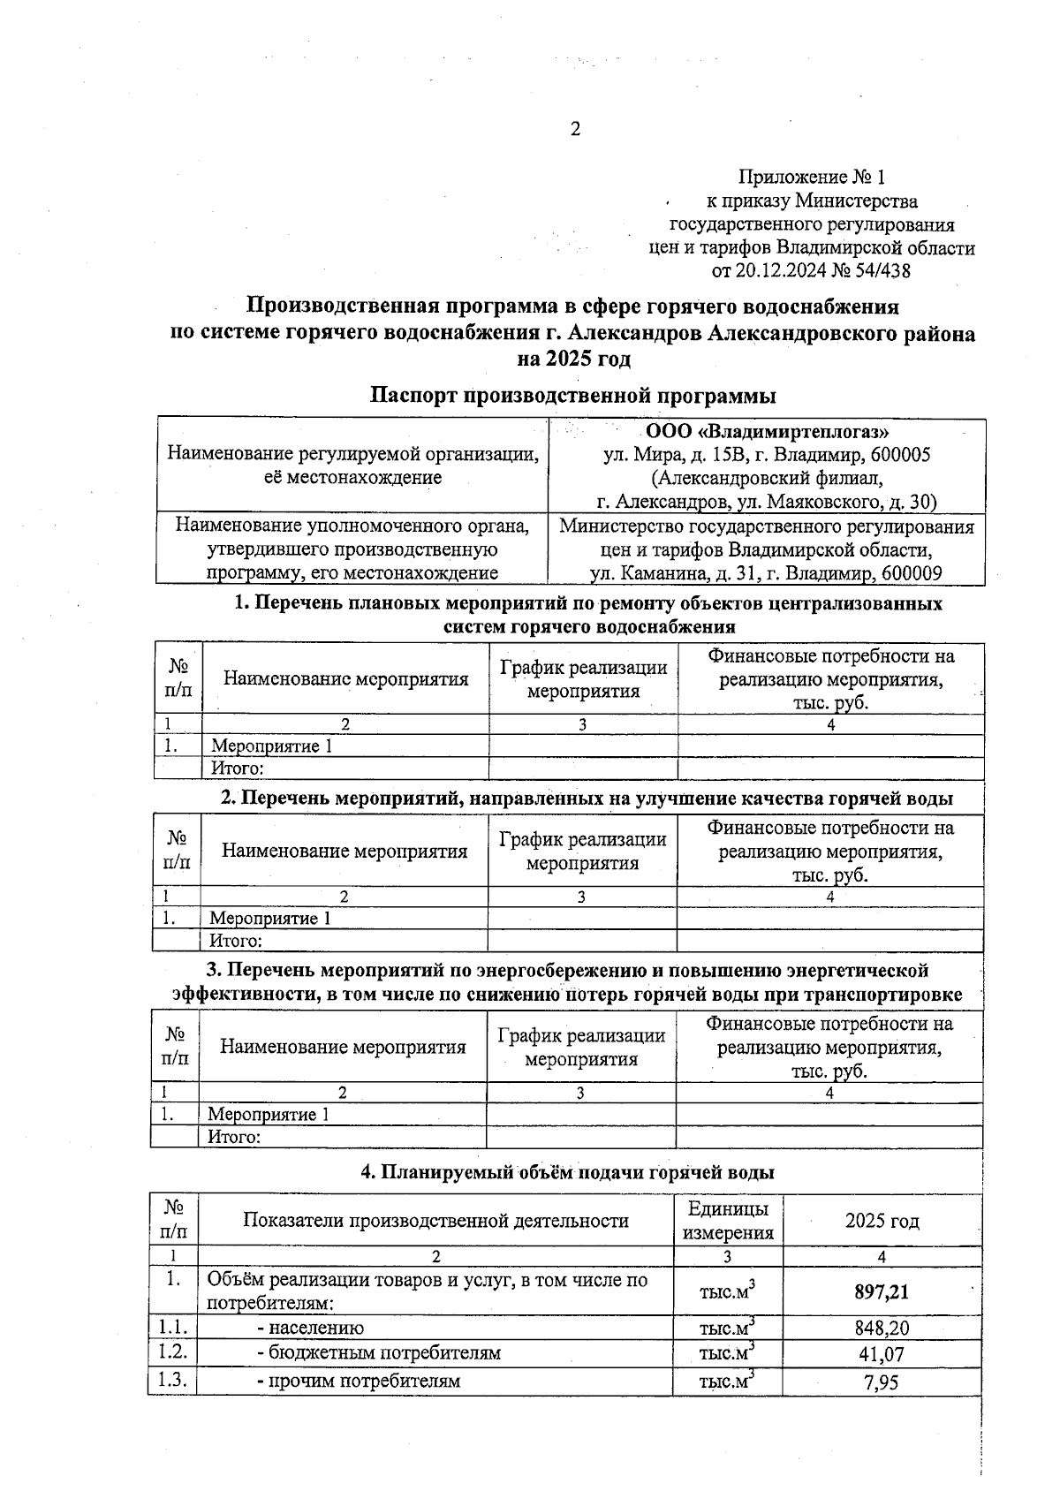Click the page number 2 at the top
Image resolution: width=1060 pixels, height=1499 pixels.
[x=575, y=130]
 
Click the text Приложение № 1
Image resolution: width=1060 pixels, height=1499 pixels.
[x=811, y=178]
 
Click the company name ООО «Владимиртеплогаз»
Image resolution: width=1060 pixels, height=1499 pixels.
[x=767, y=432]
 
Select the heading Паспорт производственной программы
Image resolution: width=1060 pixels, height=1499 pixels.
[x=572, y=395]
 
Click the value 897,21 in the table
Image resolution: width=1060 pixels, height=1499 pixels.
[x=881, y=1292]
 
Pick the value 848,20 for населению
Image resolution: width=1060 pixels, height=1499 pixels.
[x=882, y=1329]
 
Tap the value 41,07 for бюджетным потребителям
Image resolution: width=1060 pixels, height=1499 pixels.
[x=882, y=1354]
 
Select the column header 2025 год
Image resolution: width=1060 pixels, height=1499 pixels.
[x=882, y=1221]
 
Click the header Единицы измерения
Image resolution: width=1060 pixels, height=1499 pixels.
[x=728, y=1221]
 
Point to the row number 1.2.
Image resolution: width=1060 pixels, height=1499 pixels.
[x=172, y=1352]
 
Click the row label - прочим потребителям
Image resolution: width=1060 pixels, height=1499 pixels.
[x=359, y=1381]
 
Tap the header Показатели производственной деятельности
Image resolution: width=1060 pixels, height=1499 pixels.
[x=435, y=1221]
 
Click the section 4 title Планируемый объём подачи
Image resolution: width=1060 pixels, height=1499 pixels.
[x=568, y=1172]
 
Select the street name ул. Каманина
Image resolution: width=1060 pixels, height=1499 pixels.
[x=640, y=572]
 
